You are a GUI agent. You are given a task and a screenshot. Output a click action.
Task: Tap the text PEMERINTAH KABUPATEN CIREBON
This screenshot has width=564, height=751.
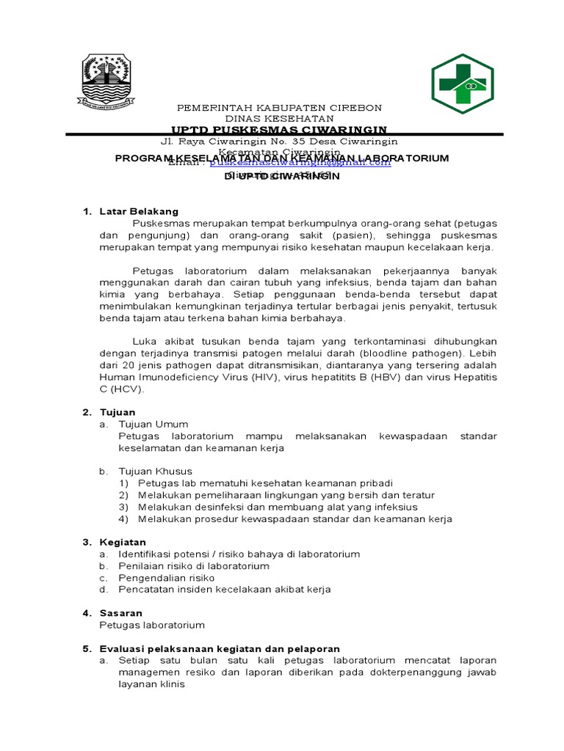pyautogui.click(x=279, y=107)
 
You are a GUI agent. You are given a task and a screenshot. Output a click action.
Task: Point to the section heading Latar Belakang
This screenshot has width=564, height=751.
pyautogui.click(x=139, y=212)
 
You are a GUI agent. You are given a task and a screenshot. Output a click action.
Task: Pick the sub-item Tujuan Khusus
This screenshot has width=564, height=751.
pyautogui.click(x=155, y=471)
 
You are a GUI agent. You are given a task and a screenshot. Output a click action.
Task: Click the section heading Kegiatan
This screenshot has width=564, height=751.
pyautogui.click(x=123, y=542)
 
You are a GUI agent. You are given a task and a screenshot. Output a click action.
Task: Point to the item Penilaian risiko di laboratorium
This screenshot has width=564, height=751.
pyautogui.click(x=193, y=565)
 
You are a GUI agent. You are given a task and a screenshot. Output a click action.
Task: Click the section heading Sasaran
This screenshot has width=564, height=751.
pyautogui.click(x=121, y=612)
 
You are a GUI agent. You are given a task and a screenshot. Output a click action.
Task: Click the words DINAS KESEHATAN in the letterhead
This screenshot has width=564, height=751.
pyautogui.click(x=279, y=118)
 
